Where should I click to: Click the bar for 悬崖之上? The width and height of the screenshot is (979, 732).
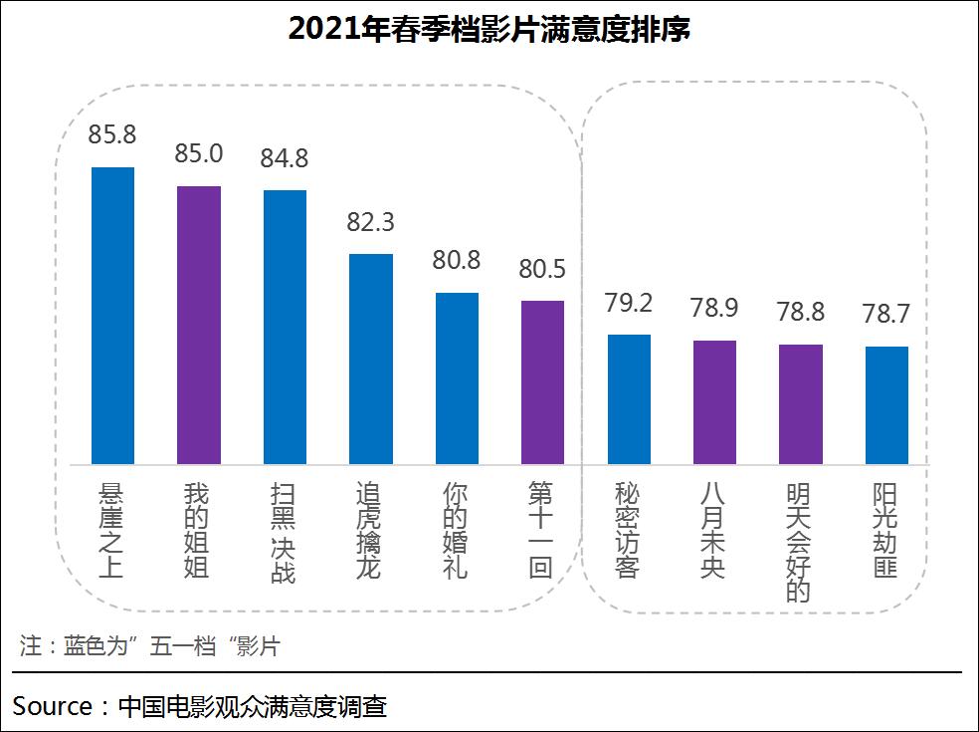(112, 316)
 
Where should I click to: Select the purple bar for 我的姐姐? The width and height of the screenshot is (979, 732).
(199, 325)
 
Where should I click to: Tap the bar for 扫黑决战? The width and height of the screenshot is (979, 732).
(285, 327)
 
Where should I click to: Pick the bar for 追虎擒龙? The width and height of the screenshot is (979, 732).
(371, 359)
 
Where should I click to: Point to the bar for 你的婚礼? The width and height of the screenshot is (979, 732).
(457, 378)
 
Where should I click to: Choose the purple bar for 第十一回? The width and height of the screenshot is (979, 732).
(542, 382)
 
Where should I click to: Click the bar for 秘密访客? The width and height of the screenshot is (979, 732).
(629, 399)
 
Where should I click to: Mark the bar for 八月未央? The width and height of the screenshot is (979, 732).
(714, 402)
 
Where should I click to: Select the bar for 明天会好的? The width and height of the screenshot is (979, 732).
(800, 404)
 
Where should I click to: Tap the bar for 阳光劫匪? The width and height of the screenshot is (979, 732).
(886, 405)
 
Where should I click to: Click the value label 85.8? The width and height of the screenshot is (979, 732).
(112, 134)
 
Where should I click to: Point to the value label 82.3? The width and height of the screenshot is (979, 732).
(371, 222)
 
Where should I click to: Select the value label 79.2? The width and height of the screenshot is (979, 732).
(629, 303)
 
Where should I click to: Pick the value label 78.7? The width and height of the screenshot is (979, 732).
(886, 315)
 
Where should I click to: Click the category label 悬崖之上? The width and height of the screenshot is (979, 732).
(112, 531)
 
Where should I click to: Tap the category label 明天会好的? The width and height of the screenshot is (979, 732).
(800, 543)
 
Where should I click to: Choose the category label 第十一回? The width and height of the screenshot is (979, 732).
(542, 531)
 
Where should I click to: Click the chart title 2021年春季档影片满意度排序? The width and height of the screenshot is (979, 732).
(489, 30)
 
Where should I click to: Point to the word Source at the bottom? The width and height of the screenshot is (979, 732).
(53, 707)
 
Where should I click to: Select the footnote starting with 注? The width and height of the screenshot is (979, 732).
(149, 645)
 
